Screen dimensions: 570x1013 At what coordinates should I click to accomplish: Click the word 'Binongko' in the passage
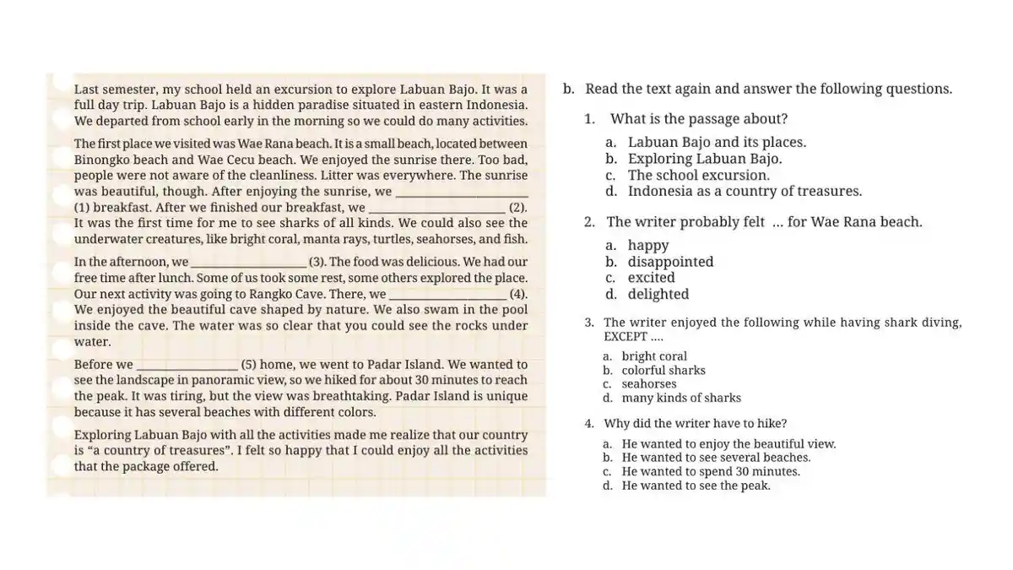pos(106,160)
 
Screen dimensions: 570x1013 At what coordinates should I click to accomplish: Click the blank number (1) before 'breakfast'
pos(82,207)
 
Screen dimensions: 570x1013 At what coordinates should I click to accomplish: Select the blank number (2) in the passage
pos(517,207)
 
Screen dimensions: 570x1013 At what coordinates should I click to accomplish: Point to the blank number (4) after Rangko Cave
pos(518,294)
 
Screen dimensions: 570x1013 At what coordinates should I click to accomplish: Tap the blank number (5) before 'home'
pos(248,365)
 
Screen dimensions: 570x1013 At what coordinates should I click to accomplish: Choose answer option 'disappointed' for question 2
pos(670,262)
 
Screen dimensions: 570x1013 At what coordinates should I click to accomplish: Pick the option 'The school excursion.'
pos(699,175)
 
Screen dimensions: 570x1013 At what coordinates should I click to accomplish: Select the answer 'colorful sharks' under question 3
pos(664,370)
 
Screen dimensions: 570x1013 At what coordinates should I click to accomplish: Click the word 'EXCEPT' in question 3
pos(626,336)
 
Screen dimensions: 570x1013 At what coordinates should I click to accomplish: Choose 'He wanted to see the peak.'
pos(696,486)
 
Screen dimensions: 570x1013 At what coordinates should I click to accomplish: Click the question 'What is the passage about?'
pos(699,119)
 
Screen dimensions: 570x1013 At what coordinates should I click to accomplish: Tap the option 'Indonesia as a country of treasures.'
pos(745,191)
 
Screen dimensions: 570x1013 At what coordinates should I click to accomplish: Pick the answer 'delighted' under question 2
pos(658,294)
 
